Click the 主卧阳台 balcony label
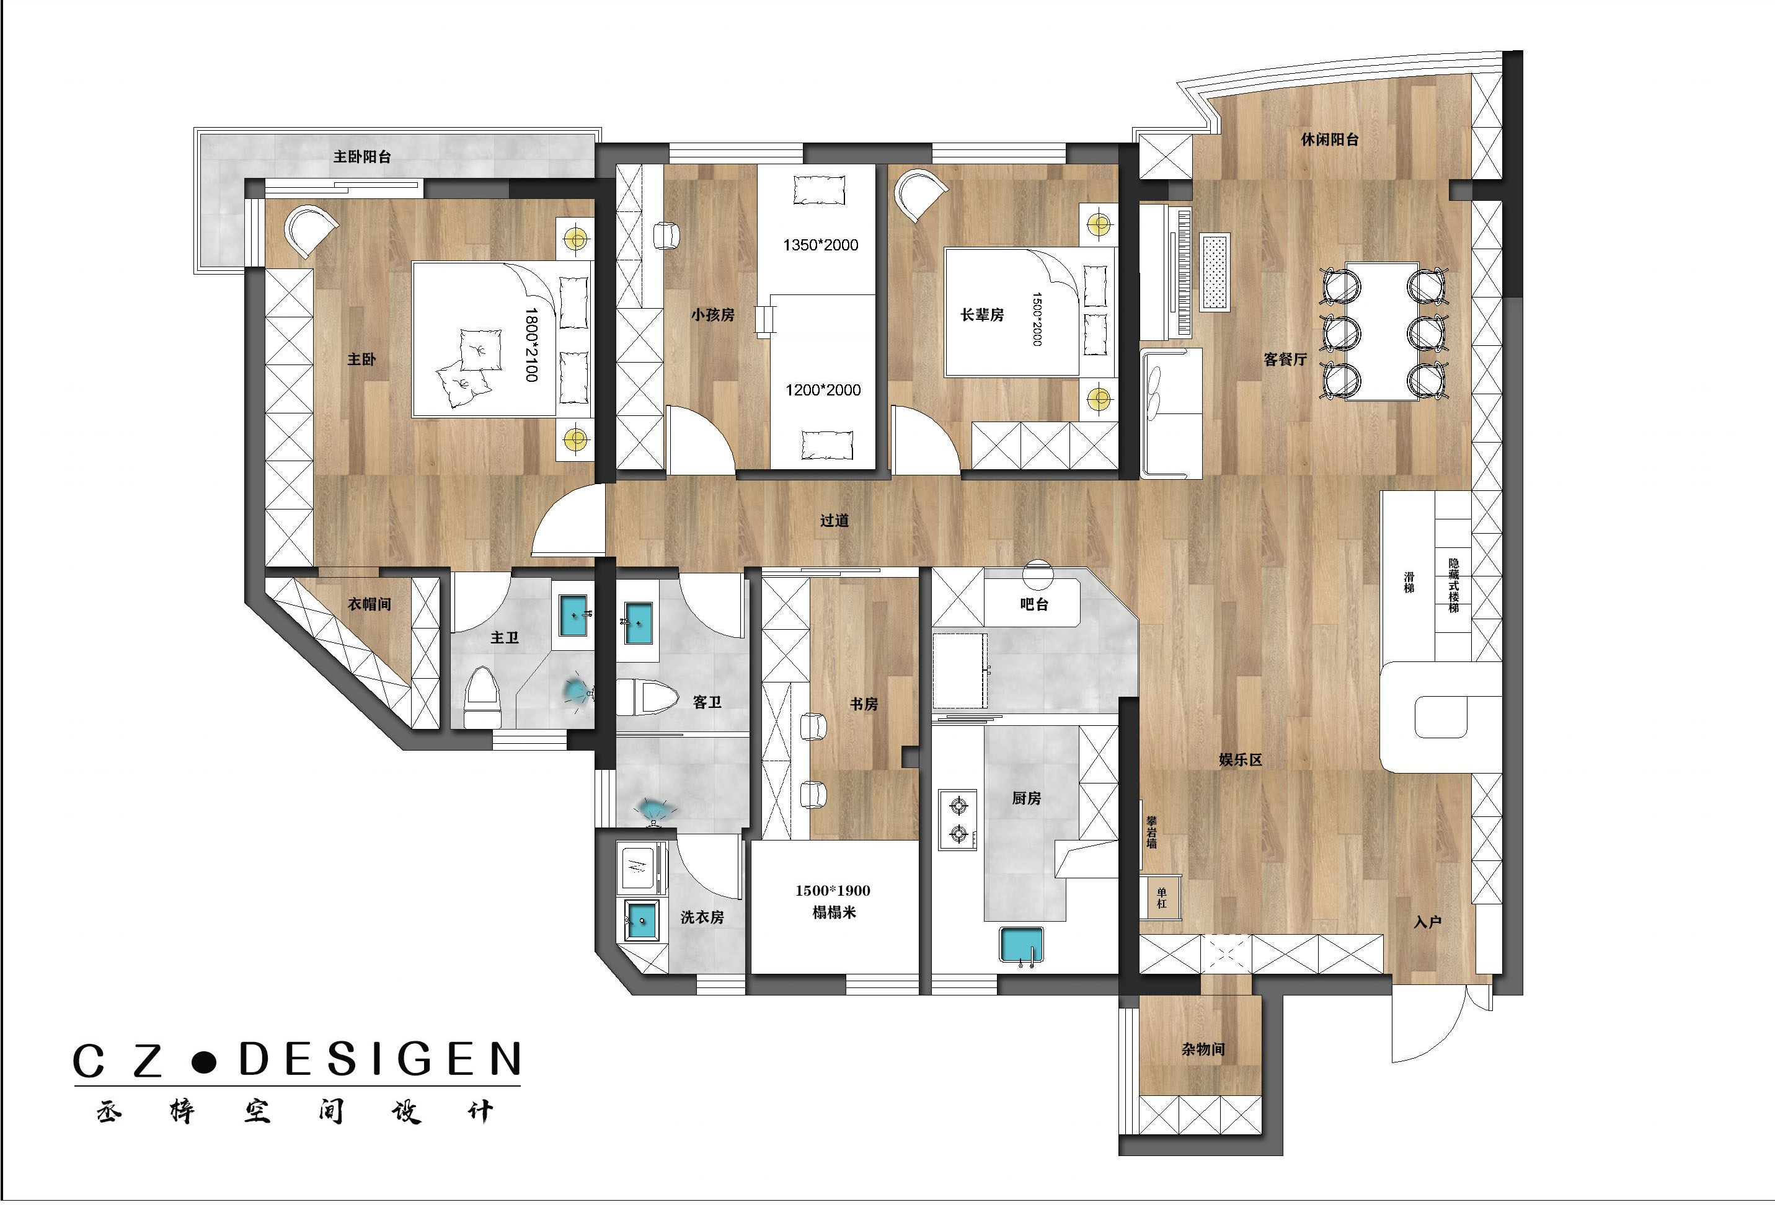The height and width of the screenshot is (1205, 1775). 362,157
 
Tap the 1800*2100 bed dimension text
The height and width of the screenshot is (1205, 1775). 531,345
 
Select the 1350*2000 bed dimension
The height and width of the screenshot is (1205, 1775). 820,245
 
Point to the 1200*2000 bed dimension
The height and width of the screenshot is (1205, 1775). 823,391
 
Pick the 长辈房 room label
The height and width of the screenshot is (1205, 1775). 981,315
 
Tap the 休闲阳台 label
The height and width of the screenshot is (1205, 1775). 1330,139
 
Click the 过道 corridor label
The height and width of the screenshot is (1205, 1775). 834,521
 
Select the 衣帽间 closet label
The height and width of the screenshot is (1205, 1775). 370,604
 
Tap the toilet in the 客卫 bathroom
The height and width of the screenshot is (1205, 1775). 648,697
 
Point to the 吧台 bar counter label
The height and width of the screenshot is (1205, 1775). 1034,604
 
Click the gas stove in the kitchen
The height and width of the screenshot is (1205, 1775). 958,820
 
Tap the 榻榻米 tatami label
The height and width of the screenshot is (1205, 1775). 834,912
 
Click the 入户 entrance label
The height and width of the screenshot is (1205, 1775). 1427,922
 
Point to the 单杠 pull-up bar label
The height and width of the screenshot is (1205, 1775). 1162,898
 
